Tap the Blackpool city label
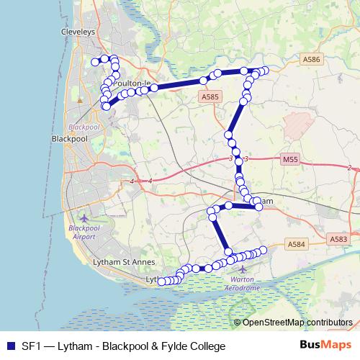coord(70,138)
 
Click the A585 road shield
coord(210,96)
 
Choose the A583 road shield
coord(338,238)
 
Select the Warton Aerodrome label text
coord(244,283)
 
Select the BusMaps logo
coord(325,346)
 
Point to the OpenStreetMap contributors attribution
coord(296,323)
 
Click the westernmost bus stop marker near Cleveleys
coord(95,63)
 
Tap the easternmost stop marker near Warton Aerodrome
coord(264,250)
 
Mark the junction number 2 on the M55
coord(349,168)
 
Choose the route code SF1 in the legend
coord(32,346)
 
